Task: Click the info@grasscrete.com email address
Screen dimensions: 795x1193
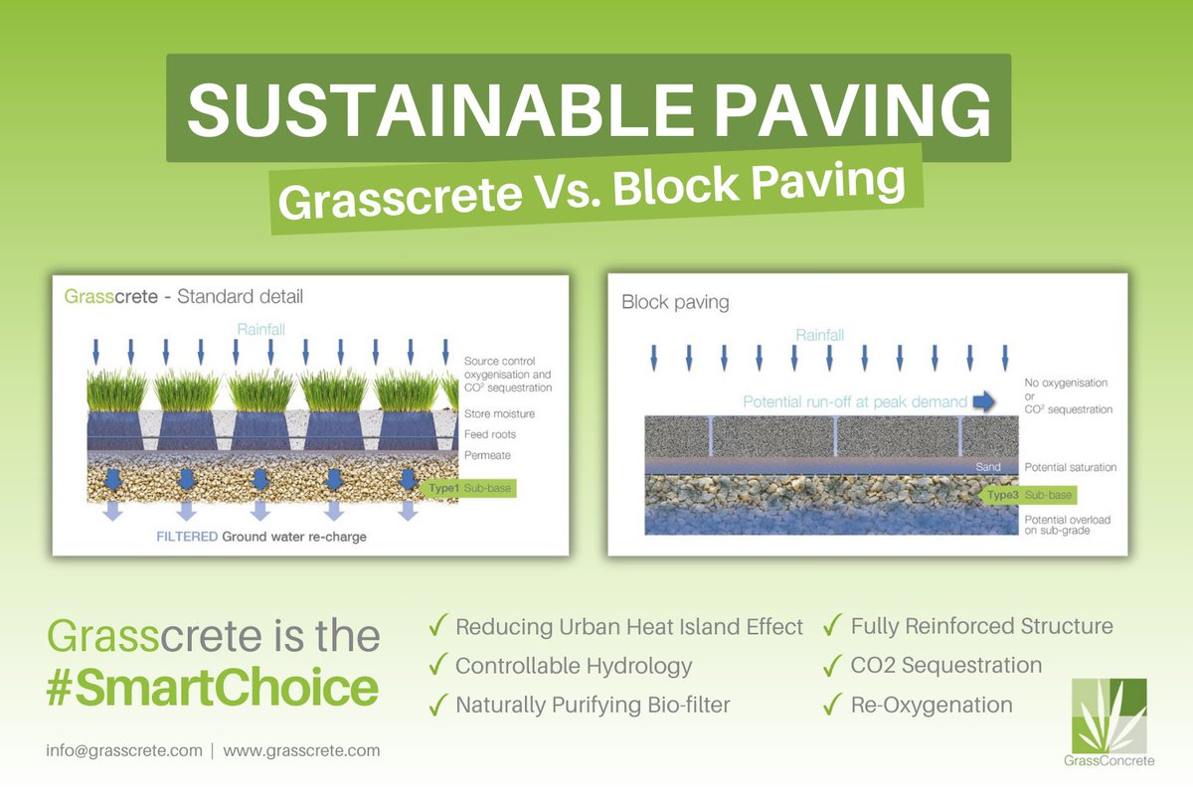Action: click(x=124, y=750)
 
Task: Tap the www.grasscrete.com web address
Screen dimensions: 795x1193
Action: click(x=301, y=750)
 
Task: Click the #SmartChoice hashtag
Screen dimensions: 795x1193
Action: click(x=212, y=689)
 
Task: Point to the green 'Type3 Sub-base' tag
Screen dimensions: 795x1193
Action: click(x=1030, y=494)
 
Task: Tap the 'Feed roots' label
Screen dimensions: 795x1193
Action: click(x=490, y=435)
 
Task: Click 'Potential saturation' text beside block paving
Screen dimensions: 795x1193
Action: click(x=1071, y=467)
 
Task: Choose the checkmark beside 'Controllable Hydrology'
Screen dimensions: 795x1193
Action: click(x=435, y=666)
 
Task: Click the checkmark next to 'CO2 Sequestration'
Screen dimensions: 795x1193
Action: click(x=831, y=666)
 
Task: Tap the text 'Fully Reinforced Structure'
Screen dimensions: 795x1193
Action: click(x=981, y=626)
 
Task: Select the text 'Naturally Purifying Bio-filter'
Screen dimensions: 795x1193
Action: click(x=593, y=706)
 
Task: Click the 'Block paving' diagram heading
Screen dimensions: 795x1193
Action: click(x=675, y=302)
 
